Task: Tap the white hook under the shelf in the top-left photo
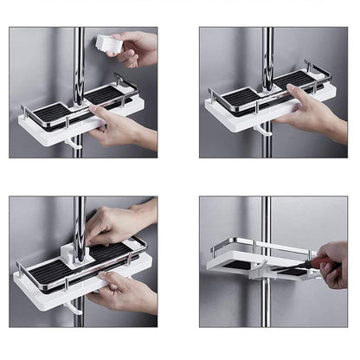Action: pyautogui.click(x=77, y=141)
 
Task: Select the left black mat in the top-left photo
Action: pyautogui.click(x=54, y=112)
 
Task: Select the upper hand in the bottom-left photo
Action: pyautogui.click(x=117, y=225)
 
